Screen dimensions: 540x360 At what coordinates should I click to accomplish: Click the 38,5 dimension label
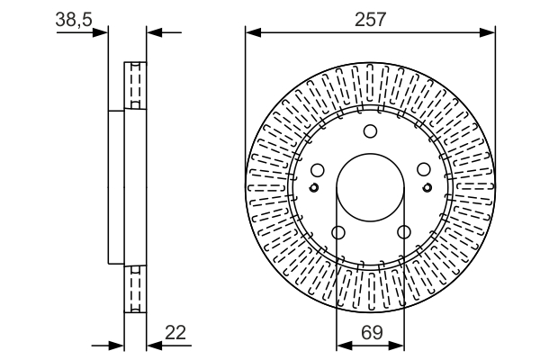(74, 19)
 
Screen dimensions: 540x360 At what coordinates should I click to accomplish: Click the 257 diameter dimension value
(370, 19)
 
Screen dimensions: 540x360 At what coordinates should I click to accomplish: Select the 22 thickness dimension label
(175, 332)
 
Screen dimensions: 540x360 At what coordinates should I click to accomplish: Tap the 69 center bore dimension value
(372, 332)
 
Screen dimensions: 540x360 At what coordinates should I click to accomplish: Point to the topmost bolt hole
(370, 130)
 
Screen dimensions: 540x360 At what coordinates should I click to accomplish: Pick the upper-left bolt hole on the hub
(317, 169)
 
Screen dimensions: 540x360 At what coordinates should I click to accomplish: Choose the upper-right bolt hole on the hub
(424, 169)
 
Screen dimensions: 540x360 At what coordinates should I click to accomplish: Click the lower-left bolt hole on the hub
(338, 232)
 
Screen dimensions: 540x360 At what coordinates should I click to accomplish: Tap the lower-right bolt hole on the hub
(403, 232)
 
